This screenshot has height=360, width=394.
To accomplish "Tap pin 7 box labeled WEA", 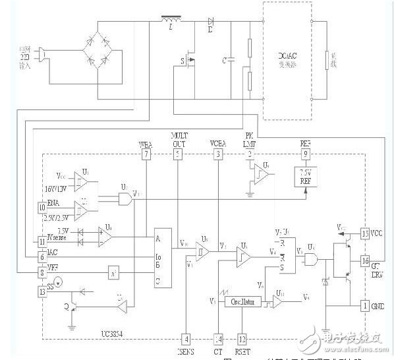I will [x=146, y=154].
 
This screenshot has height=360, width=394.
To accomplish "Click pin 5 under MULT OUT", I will [x=178, y=154].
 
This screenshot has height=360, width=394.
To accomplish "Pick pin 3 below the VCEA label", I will [x=217, y=154].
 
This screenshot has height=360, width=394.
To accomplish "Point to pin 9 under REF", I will [x=305, y=154].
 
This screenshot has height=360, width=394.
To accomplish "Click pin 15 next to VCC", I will [x=365, y=233].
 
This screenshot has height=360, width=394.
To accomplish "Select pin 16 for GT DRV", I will [x=365, y=261].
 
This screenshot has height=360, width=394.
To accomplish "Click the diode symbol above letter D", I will [x=210, y=21].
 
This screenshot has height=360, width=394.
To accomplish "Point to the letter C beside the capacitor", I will [x=225, y=61].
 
